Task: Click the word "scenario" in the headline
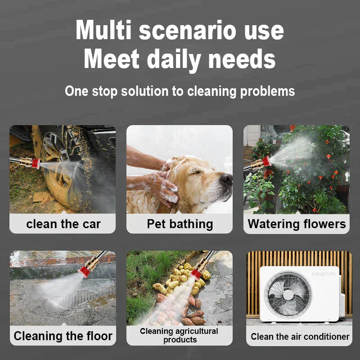coord(187,31)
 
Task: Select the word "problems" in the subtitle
coord(267,91)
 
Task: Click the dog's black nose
coord(226,178)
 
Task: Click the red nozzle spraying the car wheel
coord(36,163)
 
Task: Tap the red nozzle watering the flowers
coord(266,161)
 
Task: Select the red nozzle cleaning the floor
coord(84,271)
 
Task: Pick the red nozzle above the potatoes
coord(196,274)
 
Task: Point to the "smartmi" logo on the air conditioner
coord(323,274)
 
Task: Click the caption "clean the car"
coord(63,224)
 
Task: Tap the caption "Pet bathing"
coord(180,224)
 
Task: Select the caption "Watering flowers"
coord(297,224)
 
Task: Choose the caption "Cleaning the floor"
coord(63,336)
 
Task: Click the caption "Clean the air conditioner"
coord(300,337)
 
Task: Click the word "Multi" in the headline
coord(103,30)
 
